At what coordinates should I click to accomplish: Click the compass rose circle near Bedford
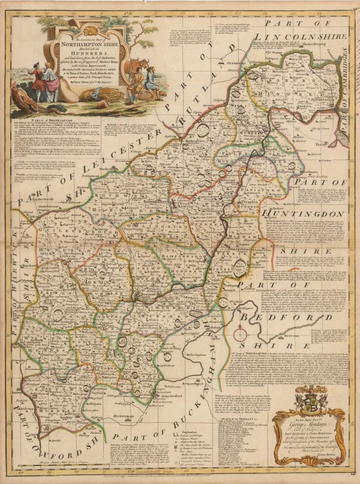pyautogui.click(x=241, y=335)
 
